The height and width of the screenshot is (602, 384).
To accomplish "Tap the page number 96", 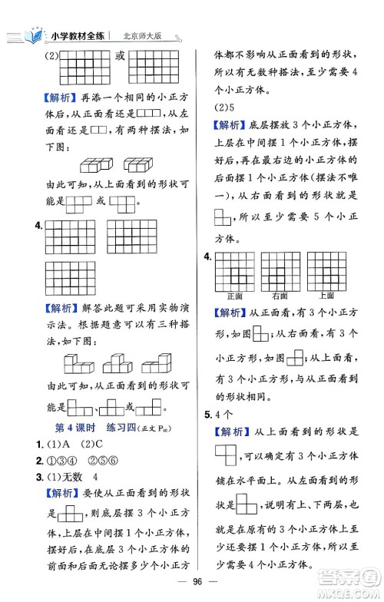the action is pos(192,582).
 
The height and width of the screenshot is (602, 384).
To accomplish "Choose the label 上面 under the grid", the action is pos(325,295).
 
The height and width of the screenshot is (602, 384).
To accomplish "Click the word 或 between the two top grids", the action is pos(121,56).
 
